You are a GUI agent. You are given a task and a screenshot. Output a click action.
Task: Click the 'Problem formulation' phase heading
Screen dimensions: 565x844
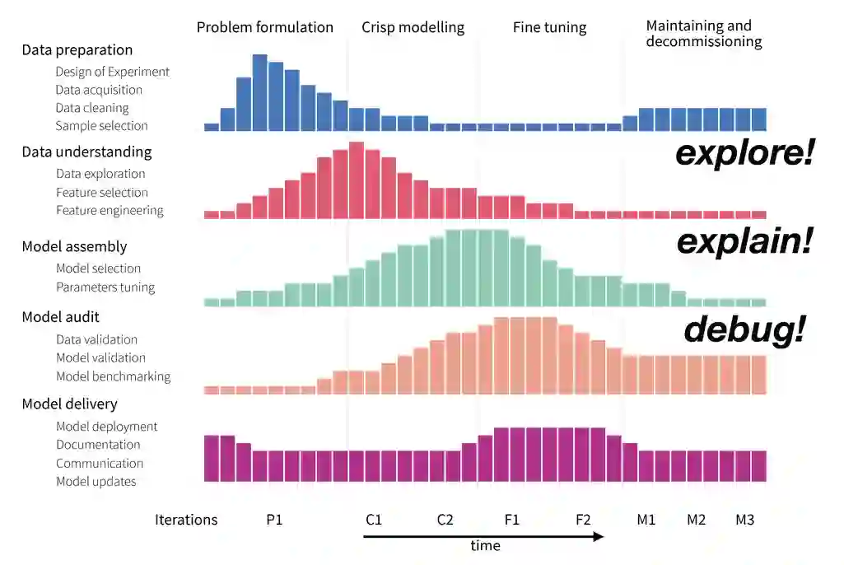pyautogui.click(x=264, y=27)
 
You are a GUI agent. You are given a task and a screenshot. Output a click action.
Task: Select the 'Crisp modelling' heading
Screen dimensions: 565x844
pyautogui.click(x=413, y=27)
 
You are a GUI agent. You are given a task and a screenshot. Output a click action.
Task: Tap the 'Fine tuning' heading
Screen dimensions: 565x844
pyautogui.click(x=549, y=27)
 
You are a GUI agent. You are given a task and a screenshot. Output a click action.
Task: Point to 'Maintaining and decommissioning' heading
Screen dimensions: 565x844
pyautogui.click(x=703, y=34)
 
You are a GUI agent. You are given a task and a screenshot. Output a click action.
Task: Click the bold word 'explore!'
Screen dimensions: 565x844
pyautogui.click(x=744, y=153)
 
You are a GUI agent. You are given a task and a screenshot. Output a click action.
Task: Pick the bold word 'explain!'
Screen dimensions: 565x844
pyautogui.click(x=744, y=242)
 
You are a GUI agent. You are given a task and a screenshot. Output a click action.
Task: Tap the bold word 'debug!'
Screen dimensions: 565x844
pyautogui.click(x=744, y=330)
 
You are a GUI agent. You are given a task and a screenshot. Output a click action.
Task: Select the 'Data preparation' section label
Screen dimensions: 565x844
pyautogui.click(x=77, y=49)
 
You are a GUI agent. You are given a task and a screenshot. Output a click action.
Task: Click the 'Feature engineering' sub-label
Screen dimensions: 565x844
pyautogui.click(x=110, y=210)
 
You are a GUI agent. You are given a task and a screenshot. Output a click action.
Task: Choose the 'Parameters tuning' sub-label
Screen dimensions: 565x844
pyautogui.click(x=105, y=287)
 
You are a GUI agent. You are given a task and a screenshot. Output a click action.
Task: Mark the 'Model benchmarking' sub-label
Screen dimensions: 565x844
pyautogui.click(x=113, y=376)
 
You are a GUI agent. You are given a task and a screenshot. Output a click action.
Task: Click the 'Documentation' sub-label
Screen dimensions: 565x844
pyautogui.click(x=98, y=445)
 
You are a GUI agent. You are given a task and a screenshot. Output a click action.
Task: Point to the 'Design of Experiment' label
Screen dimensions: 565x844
pyautogui.click(x=112, y=72)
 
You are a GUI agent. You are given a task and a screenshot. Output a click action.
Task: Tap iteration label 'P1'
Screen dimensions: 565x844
pyautogui.click(x=274, y=520)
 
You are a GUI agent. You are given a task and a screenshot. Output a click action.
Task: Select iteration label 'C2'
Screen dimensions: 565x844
pyautogui.click(x=445, y=520)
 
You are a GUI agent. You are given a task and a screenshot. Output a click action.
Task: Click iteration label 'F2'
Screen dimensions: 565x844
pyautogui.click(x=583, y=520)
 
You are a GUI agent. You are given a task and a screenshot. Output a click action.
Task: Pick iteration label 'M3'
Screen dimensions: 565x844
pyautogui.click(x=745, y=520)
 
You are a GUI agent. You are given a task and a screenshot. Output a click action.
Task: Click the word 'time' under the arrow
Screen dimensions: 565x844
pyautogui.click(x=485, y=545)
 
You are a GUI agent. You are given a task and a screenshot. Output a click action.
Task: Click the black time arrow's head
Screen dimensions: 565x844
pyautogui.click(x=600, y=536)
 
